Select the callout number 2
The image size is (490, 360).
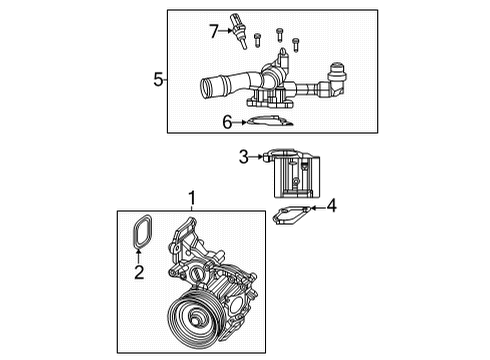139,271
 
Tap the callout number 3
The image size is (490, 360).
243,156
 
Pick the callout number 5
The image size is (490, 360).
158,79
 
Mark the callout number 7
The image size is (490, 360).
213,32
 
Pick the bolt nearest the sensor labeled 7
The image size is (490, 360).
258,39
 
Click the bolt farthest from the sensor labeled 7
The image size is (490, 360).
296,42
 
